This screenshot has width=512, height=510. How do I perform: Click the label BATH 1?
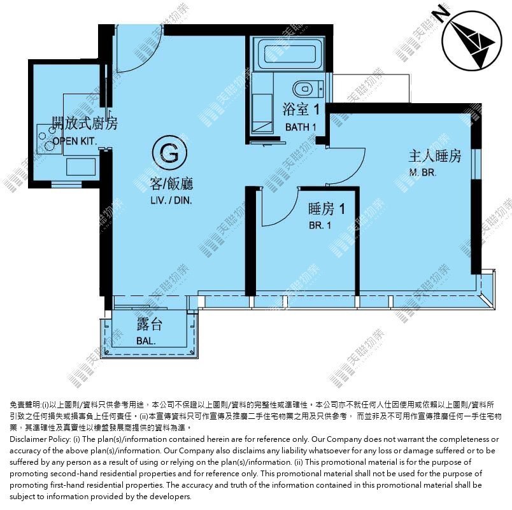301,127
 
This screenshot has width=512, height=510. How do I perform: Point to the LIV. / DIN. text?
171,200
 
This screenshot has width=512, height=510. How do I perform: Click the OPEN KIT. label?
75,141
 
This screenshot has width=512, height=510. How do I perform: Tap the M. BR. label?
423,172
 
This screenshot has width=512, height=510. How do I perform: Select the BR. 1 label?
320,225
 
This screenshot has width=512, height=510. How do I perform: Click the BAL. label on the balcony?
146,341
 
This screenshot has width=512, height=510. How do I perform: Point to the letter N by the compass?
441,13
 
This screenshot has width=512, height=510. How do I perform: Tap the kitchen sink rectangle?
81,167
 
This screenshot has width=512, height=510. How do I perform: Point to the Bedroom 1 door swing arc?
287,214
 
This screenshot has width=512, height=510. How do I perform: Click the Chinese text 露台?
150,324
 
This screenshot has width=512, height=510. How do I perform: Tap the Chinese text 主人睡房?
435,156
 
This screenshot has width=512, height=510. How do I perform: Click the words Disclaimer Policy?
40,439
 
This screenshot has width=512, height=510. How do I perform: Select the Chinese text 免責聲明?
25,405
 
